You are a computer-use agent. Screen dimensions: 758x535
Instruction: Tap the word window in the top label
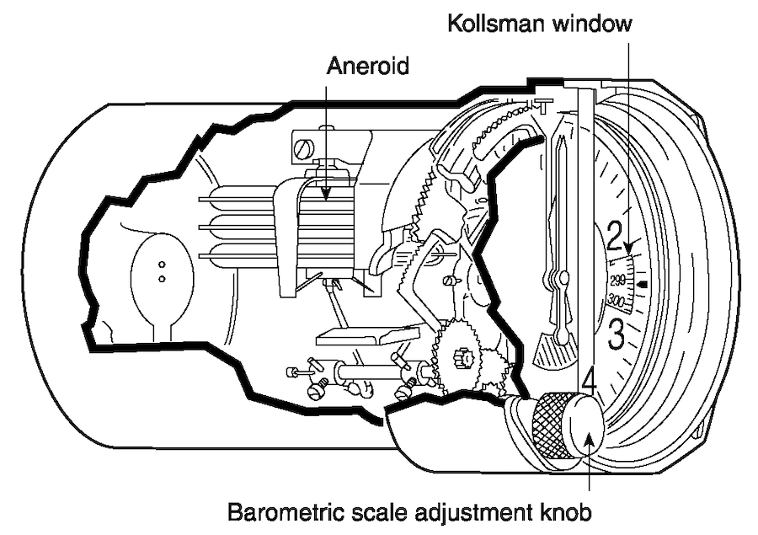tap(593, 24)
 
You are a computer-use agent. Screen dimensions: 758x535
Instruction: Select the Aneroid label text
tap(368, 66)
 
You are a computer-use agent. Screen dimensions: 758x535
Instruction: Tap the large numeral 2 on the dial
tap(615, 236)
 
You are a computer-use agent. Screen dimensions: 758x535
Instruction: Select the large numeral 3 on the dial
tap(616, 334)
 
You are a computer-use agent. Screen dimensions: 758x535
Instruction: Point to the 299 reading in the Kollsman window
tap(618, 281)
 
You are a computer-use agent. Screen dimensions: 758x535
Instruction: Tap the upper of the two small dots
tap(162, 265)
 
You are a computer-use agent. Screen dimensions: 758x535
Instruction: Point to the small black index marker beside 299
tap(643, 284)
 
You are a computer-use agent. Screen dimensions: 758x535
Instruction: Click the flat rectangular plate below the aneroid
tap(367, 335)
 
